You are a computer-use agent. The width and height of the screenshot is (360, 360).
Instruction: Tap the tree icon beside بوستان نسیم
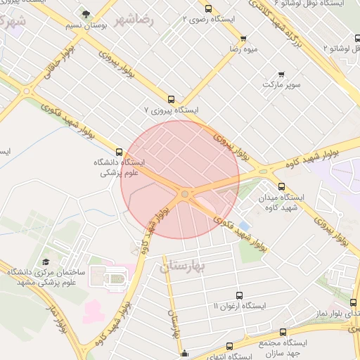point(86,14)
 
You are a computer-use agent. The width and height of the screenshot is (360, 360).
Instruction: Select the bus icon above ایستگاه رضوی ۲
point(208,9)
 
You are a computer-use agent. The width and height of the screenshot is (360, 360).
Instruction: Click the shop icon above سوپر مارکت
point(282,74)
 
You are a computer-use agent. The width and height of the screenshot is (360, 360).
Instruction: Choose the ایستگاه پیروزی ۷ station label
point(172,110)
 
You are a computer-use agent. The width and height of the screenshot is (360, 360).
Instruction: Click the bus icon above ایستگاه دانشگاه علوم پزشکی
point(119,151)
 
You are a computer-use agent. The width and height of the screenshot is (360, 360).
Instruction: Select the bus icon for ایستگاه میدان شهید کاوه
point(281,186)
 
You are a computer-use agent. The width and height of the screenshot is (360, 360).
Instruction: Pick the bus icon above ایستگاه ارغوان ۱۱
point(239,295)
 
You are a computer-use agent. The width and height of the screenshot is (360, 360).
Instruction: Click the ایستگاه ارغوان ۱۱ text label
point(239,307)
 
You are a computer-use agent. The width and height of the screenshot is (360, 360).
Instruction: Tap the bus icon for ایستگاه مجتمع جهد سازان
point(283,332)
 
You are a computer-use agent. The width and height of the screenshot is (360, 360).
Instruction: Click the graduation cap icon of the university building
point(46,261)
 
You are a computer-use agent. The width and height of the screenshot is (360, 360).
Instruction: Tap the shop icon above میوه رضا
point(243,39)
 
